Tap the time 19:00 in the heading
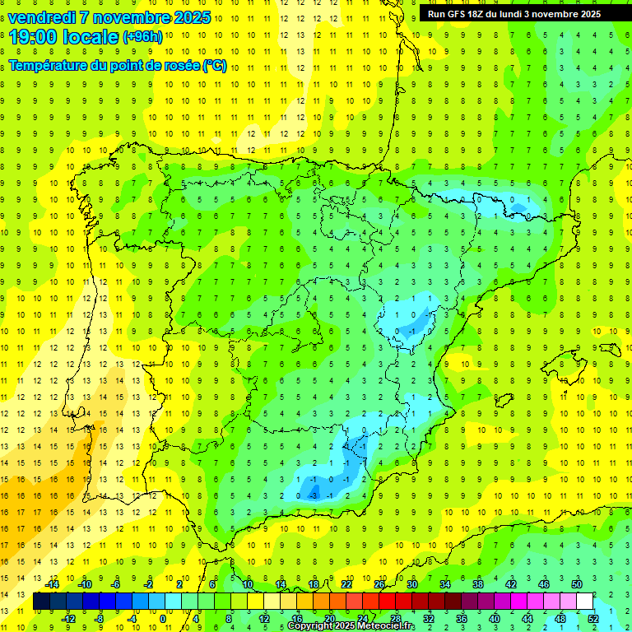click(x=33, y=36)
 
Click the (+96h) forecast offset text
click(x=142, y=36)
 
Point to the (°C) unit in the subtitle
click(x=215, y=66)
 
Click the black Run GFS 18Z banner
click(x=514, y=13)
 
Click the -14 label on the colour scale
click(x=52, y=583)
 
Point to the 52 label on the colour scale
click(x=593, y=619)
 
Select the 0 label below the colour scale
click(x=163, y=619)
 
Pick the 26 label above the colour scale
click(x=379, y=583)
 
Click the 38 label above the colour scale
click(x=478, y=583)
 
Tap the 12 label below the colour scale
click(x=264, y=619)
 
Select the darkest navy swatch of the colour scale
click(x=41, y=602)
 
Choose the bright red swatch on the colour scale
click(x=387, y=602)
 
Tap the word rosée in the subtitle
click(x=181, y=66)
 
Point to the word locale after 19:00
click(x=93, y=36)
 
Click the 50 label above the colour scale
click(x=577, y=583)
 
